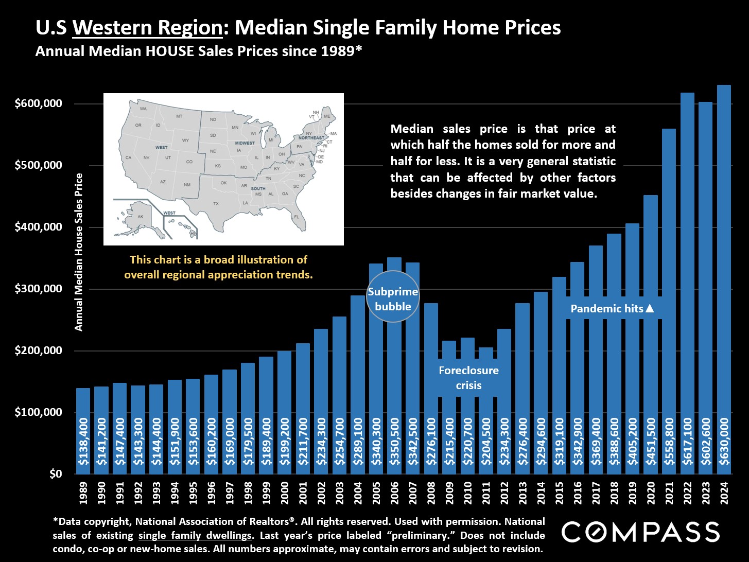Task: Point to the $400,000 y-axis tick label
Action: pos(39,227)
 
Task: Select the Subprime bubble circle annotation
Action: pos(393,300)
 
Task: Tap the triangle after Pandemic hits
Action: pos(650,309)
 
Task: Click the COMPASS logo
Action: pos(640,532)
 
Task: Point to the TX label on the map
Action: pos(216,203)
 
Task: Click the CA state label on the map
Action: pos(128,157)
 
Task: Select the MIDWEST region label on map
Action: pos(245,143)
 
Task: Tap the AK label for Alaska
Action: pos(141,217)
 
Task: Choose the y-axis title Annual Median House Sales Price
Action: pos(79,252)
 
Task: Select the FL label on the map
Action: pos(297,217)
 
